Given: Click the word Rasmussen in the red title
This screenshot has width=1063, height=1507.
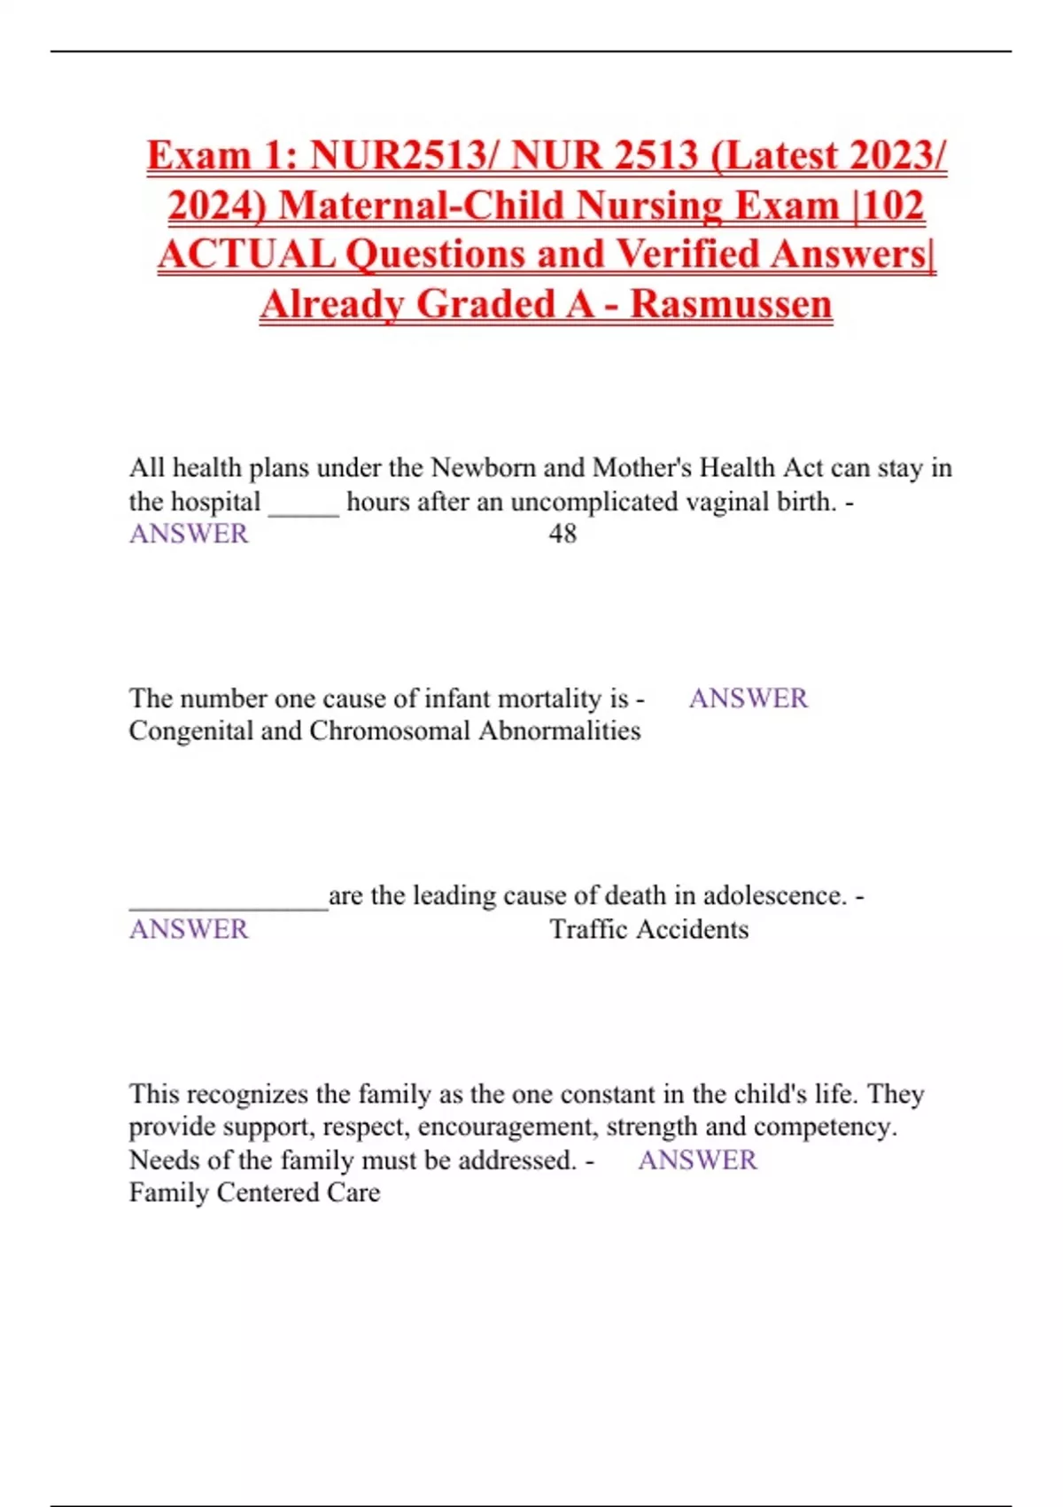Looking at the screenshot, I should pyautogui.click(x=731, y=304).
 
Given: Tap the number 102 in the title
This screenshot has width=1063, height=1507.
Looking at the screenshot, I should pyautogui.click(x=893, y=206).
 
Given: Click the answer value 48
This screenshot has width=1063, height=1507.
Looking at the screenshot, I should pyautogui.click(x=563, y=534).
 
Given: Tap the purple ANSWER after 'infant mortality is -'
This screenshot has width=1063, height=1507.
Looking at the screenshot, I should pyautogui.click(x=748, y=699).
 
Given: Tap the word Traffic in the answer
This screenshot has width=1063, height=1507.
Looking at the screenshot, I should pyautogui.click(x=589, y=929).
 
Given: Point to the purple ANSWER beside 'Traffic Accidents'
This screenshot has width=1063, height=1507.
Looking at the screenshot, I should pyautogui.click(x=189, y=929).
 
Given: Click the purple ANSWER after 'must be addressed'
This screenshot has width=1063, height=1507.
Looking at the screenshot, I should pyautogui.click(x=697, y=1160).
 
